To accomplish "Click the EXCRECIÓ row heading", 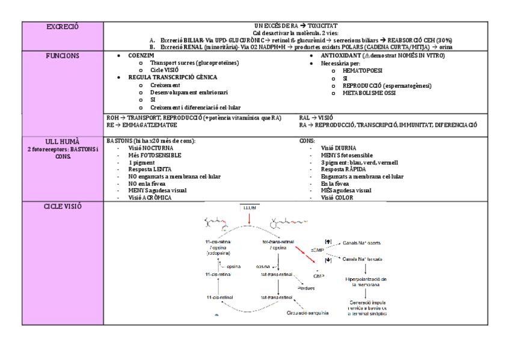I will coord(63,26).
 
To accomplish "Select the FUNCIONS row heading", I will coord(63,55).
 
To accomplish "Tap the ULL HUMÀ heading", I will coord(63,142).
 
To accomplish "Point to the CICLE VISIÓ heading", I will coord(63,206).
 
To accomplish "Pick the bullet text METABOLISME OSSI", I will coord(369,93).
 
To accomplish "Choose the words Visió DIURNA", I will coord(338,147).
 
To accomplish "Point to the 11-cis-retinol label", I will coord(220,297).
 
